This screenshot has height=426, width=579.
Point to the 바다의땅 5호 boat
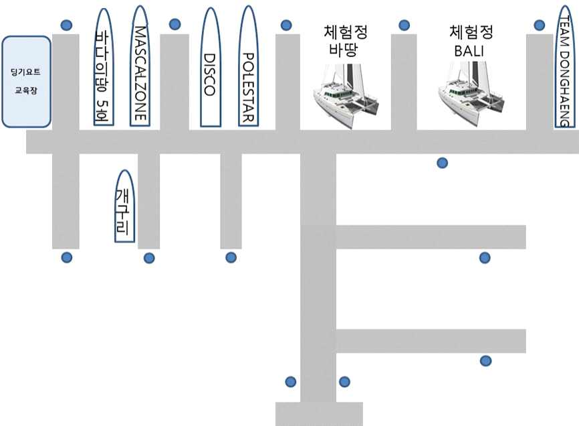pos(104,66)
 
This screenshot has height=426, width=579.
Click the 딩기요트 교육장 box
pos(26,82)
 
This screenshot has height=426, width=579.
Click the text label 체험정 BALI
pos(471,40)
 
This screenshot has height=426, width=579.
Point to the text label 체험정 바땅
pos(345,40)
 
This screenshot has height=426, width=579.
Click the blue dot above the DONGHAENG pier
pos(540,25)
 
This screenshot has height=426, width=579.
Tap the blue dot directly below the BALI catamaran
pos(442,162)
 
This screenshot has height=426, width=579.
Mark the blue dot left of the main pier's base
pos(290,382)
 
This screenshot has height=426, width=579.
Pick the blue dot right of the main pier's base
pos(344,382)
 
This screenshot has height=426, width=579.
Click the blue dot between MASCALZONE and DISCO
pos(175,24)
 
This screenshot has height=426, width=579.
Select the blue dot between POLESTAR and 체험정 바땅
pos(286,25)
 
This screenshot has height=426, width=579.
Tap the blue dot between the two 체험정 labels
pos(404,25)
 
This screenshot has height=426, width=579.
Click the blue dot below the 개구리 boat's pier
pos(149,258)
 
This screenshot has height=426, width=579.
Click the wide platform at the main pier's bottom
pos(319,413)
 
